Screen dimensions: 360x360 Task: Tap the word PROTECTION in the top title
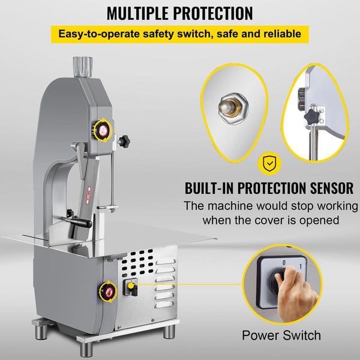click(213, 13)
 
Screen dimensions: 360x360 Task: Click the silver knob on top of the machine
click(83, 67)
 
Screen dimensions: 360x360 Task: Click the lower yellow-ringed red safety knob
click(108, 292)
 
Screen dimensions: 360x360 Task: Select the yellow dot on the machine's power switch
click(131, 286)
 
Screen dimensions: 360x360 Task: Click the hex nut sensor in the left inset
click(233, 108)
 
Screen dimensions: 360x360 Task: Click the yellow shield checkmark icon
click(269, 163)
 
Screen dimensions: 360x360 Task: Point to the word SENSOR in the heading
click(332, 188)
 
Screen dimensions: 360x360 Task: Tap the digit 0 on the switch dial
click(284, 262)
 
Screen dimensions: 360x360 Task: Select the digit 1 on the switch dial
click(301, 266)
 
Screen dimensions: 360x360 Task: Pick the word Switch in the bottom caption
click(301, 335)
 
